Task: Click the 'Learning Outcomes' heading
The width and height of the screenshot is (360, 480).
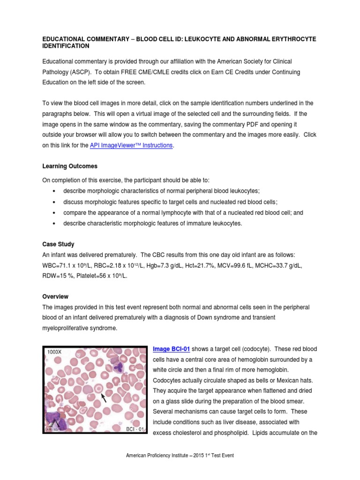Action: pyautogui.click(x=70, y=166)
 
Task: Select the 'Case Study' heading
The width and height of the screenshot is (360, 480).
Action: pyautogui.click(x=59, y=244)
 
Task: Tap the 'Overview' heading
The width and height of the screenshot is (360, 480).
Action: pyautogui.click(x=56, y=296)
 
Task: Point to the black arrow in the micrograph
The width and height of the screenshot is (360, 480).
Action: pyautogui.click(x=104, y=398)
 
